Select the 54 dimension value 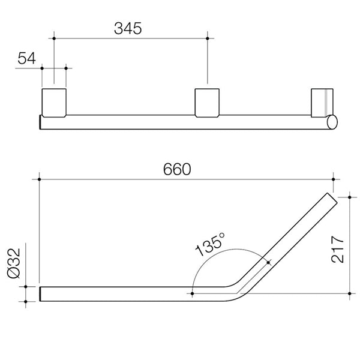27,58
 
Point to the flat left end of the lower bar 41,294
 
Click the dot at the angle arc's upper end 268,262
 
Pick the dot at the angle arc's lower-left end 191,294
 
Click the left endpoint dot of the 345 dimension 54,38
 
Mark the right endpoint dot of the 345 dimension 208,38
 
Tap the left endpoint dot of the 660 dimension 40,179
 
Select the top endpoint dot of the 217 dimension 350,195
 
